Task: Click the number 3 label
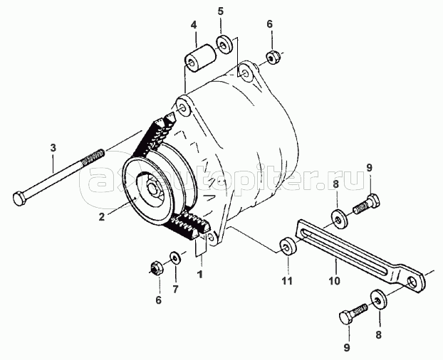(x=53, y=147)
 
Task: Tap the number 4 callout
(x=193, y=25)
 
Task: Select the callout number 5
(x=220, y=11)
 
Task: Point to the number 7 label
(x=175, y=289)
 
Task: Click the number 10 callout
(x=335, y=281)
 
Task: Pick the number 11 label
(x=288, y=281)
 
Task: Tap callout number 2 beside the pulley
(x=102, y=217)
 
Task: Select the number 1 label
(x=200, y=274)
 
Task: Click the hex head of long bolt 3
(x=19, y=198)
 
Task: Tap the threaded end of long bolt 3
(x=93, y=158)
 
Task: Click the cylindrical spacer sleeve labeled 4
(x=200, y=58)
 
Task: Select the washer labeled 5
(x=225, y=44)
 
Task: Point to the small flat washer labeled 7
(x=176, y=257)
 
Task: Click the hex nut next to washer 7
(x=156, y=268)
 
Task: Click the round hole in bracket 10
(x=413, y=282)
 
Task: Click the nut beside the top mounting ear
(x=273, y=58)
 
